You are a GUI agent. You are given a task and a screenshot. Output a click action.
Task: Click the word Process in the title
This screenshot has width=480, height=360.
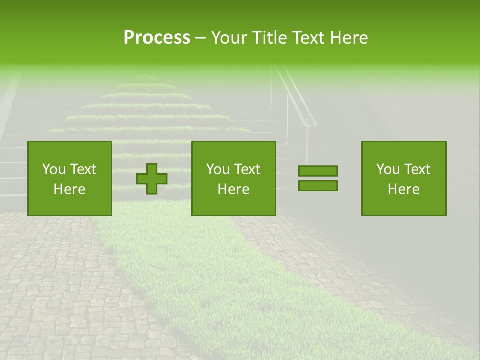pyautogui.click(x=157, y=38)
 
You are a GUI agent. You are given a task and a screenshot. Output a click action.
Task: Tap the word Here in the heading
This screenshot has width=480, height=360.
pyautogui.click(x=349, y=38)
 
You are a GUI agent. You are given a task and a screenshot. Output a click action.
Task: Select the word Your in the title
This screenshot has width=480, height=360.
pyautogui.click(x=229, y=38)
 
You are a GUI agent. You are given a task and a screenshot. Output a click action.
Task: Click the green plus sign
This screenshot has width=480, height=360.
pyautogui.click(x=152, y=179)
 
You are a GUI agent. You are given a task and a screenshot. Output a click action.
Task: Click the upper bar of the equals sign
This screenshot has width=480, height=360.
pyautogui.click(x=318, y=171)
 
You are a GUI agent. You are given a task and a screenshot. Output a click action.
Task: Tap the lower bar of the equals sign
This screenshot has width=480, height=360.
pyautogui.click(x=318, y=186)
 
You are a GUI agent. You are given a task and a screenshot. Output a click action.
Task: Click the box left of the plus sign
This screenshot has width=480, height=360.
pyautogui.click(x=70, y=178)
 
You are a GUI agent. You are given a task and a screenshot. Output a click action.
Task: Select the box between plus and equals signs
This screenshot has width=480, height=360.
pyautogui.click(x=234, y=178)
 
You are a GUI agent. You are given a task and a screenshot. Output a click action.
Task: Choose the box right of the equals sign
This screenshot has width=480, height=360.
pyautogui.click(x=404, y=178)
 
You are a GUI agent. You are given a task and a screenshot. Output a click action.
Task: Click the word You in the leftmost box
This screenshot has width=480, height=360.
pyautogui.click(x=54, y=169)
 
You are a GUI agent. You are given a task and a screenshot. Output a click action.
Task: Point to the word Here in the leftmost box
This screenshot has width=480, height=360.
pyautogui.click(x=70, y=189)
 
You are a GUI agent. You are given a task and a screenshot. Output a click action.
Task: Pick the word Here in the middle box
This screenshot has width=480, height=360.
pyautogui.click(x=234, y=189)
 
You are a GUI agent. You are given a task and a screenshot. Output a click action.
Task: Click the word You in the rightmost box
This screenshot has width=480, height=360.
pyautogui.click(x=388, y=169)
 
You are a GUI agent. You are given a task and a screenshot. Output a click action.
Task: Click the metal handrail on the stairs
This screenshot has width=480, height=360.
pyautogui.click(x=300, y=100)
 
